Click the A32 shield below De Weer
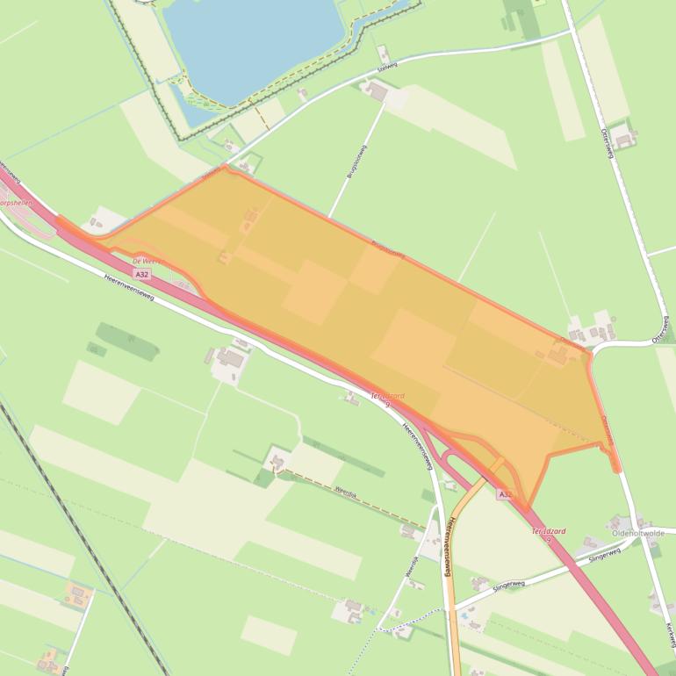click(142, 275)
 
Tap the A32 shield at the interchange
click(505, 494)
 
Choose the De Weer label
click(143, 262)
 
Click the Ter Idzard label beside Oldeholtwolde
click(549, 533)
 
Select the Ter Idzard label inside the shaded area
click(387, 398)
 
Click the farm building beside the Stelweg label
click(377, 90)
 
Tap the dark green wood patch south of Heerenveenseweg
click(127, 335)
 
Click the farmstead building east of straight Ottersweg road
click(624, 136)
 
